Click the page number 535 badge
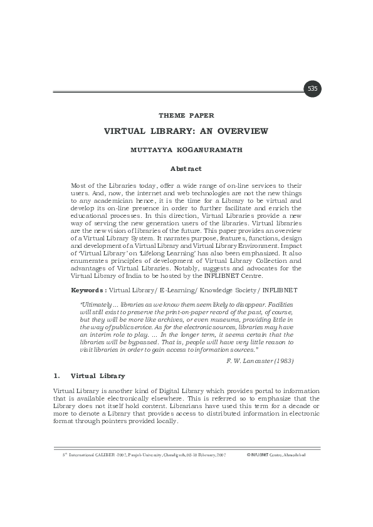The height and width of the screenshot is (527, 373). tap(312, 89)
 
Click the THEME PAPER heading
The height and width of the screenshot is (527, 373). tap(186, 115)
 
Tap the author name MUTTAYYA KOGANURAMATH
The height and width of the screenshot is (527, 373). tap(186, 150)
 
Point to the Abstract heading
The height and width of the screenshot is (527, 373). tap(186, 168)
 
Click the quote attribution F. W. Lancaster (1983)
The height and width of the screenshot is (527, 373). tap(260, 361)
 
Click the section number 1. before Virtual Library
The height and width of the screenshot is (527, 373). tap(56, 376)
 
